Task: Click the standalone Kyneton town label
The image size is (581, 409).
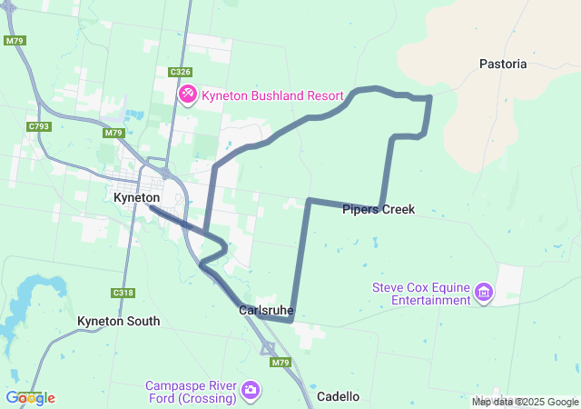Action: pos(137,197)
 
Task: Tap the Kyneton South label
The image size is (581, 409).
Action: pos(118,321)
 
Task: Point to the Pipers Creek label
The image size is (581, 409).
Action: pos(379,210)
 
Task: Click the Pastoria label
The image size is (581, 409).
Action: pos(503,64)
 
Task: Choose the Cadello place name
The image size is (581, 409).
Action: pos(338,396)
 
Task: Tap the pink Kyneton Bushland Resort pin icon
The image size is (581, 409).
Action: pos(188,95)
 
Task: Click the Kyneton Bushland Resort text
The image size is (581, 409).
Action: pos(272,95)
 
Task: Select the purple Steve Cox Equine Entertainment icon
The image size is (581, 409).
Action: pos(484,294)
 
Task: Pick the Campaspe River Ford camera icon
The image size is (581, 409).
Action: pos(250,391)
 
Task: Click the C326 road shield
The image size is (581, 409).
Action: pos(180,71)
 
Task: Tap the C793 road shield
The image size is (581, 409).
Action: pos(38,126)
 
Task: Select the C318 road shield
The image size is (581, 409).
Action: pos(123,293)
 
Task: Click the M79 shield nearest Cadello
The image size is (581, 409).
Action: pos(280,362)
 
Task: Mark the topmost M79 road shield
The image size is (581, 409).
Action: pos(14,41)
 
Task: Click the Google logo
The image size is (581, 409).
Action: pos(30,397)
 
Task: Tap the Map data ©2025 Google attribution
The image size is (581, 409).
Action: pos(525,402)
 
